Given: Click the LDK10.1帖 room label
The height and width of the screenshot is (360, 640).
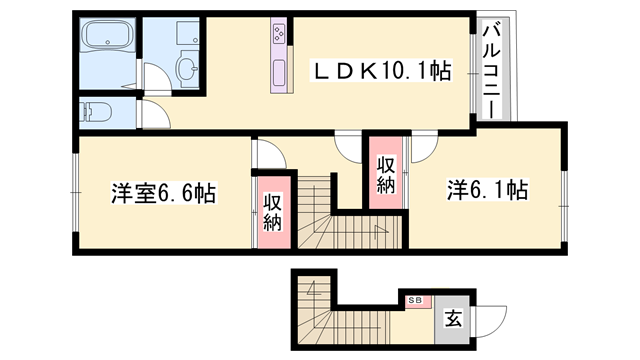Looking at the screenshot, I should (x=382, y=71).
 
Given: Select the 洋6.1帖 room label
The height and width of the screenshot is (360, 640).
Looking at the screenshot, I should (x=487, y=186).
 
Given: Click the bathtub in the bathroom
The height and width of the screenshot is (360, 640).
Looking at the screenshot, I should (x=107, y=43).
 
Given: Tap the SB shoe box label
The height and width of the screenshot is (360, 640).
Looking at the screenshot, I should (x=414, y=299).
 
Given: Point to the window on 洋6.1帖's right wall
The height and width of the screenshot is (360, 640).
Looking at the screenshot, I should (x=566, y=189).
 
